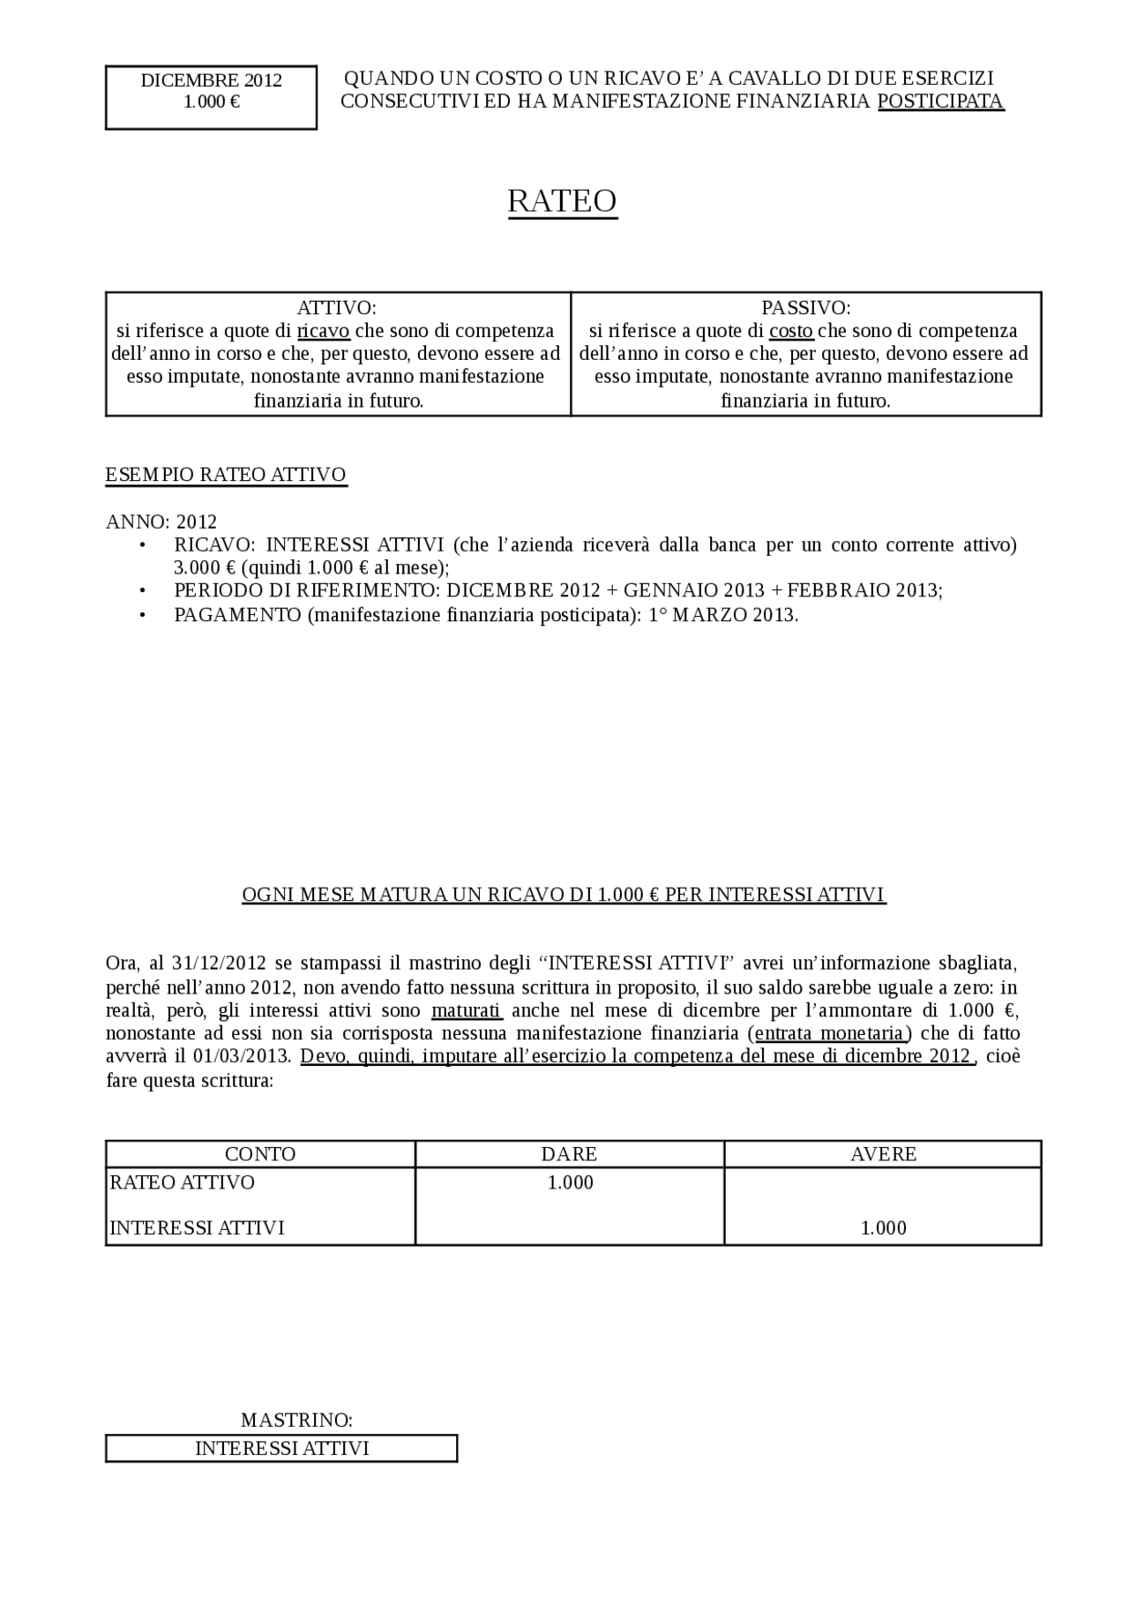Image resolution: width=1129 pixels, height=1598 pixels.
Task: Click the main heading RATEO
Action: (562, 201)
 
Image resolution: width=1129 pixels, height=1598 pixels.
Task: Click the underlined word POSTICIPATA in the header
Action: (940, 101)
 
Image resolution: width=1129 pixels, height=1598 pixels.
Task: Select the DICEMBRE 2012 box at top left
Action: (211, 97)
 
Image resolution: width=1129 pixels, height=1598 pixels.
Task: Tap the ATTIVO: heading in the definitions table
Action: (336, 308)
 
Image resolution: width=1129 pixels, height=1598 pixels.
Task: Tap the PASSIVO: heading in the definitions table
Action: (805, 308)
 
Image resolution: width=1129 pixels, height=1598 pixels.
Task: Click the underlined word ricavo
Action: (324, 331)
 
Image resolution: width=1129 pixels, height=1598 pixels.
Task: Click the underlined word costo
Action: (791, 331)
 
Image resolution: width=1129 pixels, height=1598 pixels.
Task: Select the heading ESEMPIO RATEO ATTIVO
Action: (226, 475)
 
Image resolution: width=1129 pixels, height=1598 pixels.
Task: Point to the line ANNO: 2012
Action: (161, 522)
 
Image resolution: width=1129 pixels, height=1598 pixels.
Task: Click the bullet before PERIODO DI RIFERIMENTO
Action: (143, 591)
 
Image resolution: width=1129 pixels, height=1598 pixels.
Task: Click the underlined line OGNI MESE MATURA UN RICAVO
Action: (564, 895)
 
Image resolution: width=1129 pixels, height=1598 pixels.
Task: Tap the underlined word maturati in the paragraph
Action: (467, 1010)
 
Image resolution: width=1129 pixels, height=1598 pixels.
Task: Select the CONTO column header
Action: (260, 1154)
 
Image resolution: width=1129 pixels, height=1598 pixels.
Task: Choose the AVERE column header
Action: (883, 1154)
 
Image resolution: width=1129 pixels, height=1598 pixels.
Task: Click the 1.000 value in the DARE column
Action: (570, 1182)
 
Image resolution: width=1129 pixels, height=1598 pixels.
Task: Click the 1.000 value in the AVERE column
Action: (883, 1228)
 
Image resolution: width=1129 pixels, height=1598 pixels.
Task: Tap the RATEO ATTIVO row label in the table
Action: (182, 1182)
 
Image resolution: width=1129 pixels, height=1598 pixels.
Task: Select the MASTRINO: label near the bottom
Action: (296, 1421)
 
